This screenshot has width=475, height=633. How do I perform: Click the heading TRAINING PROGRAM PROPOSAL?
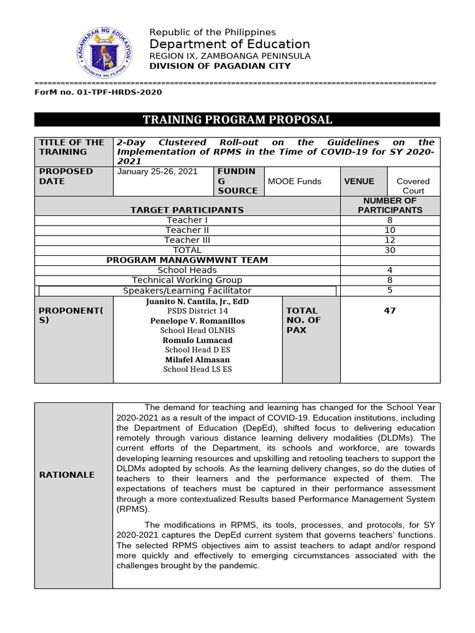click(237, 120)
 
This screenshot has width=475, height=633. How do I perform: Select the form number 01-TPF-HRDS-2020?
click(98, 92)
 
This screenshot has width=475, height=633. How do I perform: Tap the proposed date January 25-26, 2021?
click(158, 171)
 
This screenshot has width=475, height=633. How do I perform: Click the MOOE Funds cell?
click(294, 181)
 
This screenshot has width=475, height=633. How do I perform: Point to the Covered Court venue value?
click(413, 185)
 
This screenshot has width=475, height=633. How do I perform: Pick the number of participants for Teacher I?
click(390, 220)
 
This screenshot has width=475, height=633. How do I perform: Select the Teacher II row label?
click(187, 230)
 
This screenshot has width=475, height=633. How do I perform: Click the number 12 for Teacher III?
click(390, 240)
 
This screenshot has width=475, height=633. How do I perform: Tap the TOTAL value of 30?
click(390, 250)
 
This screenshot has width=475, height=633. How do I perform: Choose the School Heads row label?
click(187, 270)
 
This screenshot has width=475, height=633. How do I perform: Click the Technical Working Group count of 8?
click(390, 280)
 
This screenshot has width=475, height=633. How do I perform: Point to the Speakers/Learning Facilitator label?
click(187, 291)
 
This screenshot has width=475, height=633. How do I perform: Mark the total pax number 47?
click(390, 311)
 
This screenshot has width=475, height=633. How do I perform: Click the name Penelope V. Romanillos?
click(197, 321)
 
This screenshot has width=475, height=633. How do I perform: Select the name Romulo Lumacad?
click(197, 340)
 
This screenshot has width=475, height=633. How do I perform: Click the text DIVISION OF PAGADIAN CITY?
click(220, 66)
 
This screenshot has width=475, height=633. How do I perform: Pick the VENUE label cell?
click(359, 181)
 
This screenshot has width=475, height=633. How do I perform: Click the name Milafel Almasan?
click(197, 359)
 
